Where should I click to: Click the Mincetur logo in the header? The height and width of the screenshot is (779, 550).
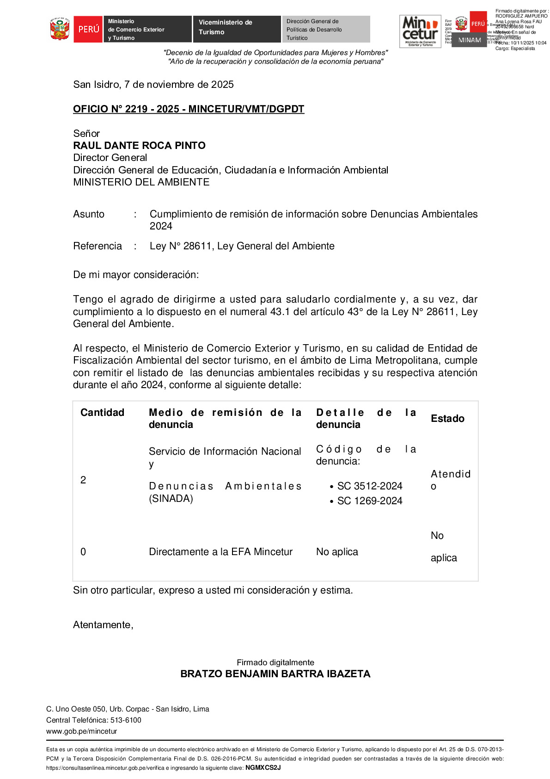420,31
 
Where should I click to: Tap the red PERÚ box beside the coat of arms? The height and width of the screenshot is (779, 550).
88,29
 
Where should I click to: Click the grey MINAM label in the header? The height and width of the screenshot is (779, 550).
469,40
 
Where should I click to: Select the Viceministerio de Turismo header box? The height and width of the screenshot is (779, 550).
236,28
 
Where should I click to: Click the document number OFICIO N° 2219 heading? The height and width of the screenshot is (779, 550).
189,109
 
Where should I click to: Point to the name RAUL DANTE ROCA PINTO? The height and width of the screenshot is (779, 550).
139,146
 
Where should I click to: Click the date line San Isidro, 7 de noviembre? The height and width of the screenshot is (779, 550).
153,85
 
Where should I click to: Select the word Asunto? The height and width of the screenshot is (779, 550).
89,214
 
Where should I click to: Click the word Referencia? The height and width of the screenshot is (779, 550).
98,246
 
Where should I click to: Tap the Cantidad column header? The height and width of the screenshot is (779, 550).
102,413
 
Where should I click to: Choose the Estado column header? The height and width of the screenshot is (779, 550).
447,419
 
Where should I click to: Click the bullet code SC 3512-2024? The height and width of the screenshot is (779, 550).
369,486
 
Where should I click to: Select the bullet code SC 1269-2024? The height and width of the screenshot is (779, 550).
369,501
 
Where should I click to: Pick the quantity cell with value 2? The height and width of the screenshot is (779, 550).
83,480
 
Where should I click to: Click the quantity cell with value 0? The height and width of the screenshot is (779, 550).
83,552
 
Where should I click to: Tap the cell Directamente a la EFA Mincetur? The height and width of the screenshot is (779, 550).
220,552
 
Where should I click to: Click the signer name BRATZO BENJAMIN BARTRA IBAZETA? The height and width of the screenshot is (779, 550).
275,674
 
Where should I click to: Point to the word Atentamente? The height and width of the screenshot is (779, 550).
103,625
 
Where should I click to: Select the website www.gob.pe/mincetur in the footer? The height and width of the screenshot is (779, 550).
81,731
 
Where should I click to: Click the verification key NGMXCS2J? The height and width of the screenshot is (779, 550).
263,768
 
